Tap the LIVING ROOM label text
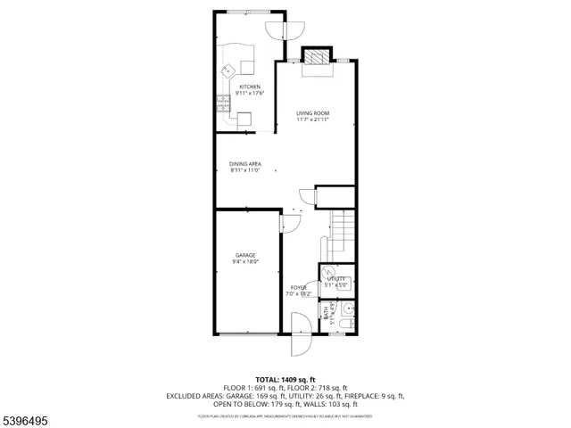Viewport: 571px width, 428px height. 313,113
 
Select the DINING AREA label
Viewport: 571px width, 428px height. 244,164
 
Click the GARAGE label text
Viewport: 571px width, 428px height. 245,254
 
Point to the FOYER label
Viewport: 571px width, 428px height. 298,287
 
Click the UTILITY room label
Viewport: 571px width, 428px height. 335,279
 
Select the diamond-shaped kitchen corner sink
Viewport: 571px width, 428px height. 228,68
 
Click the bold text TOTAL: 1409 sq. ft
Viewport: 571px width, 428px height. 285,379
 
